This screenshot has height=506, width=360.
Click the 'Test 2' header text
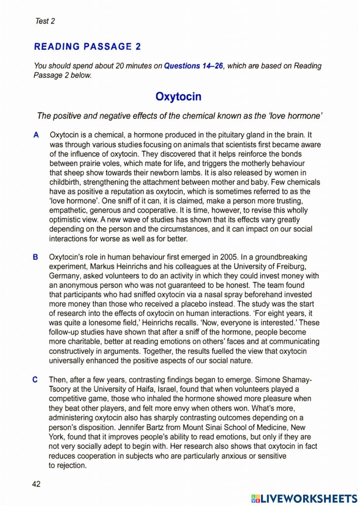(45, 21)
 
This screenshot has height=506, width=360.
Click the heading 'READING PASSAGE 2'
(87, 47)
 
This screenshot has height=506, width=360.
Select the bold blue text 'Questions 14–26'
(193, 66)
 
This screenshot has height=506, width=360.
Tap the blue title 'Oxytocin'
(178, 97)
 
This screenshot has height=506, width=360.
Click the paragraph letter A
(36, 135)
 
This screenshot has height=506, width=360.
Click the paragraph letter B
(35, 257)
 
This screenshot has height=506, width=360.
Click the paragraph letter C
(35, 380)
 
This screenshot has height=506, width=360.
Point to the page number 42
(36, 484)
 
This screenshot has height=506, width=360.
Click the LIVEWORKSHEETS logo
(304, 498)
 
